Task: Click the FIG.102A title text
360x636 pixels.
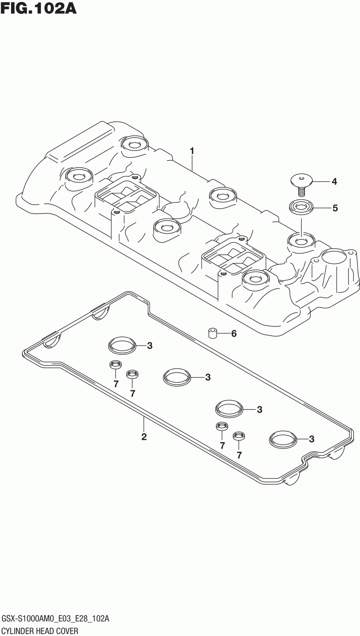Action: (x=38, y=8)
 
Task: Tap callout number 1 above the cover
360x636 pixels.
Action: (x=192, y=151)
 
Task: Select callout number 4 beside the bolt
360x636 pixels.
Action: (x=334, y=181)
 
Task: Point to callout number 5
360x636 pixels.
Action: (x=335, y=208)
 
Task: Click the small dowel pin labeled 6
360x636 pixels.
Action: (x=213, y=333)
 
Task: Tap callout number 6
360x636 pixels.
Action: (x=234, y=334)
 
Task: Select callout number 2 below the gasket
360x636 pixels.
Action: (x=144, y=436)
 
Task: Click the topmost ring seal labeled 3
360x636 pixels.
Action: (x=122, y=346)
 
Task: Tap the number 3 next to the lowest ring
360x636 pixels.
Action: (x=311, y=439)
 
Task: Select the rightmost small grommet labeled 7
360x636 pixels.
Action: (x=239, y=436)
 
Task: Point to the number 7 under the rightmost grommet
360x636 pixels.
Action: (x=239, y=455)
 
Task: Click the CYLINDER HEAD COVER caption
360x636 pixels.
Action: (x=40, y=631)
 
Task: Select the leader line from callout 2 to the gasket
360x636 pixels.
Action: (x=144, y=423)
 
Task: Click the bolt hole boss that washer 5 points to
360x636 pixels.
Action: (x=301, y=241)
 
